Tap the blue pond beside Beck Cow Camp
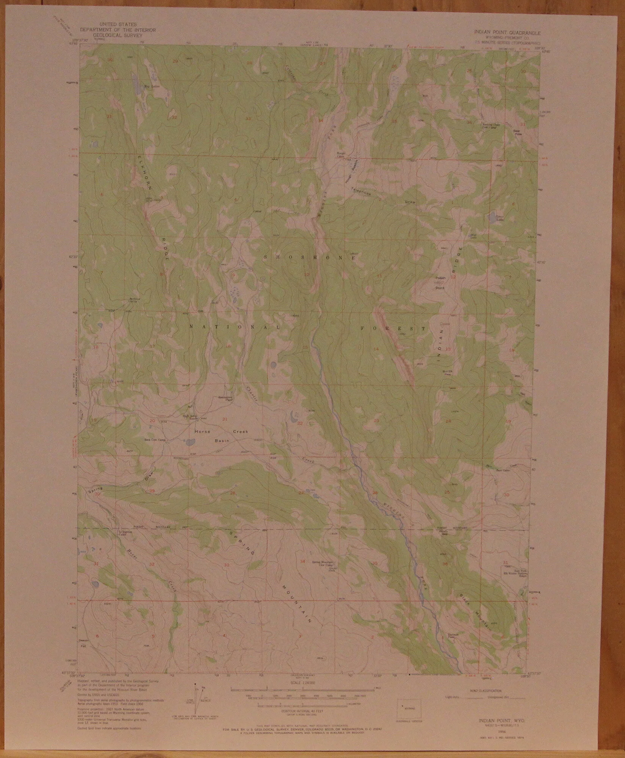189,442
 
